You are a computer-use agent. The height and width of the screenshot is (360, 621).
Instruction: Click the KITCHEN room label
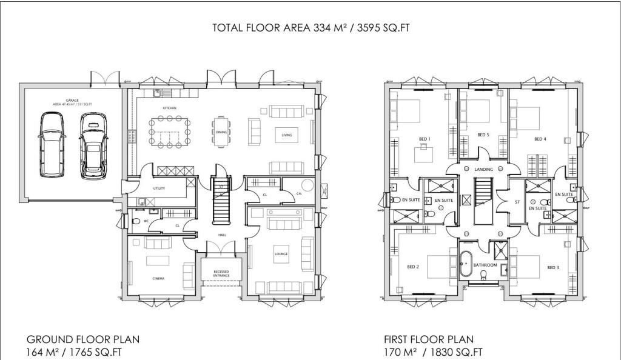pos(169,108)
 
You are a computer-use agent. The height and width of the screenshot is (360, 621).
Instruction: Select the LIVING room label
pos(287,135)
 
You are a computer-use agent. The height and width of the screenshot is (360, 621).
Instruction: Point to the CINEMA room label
pos(159,278)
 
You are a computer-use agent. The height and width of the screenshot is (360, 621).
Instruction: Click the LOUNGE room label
pos(281,253)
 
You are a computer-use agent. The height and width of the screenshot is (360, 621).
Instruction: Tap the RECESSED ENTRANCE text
pos(221,273)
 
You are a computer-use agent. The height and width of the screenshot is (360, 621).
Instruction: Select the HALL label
pos(222,234)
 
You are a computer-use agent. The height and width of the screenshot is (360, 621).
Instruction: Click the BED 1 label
pos(425,139)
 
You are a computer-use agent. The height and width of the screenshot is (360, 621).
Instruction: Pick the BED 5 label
pos(483,135)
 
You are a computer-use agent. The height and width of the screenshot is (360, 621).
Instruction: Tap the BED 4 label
pos(540,139)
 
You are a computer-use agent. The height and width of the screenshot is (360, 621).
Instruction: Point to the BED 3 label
pos(553,267)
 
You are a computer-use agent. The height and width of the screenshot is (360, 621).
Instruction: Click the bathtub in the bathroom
pos(466,264)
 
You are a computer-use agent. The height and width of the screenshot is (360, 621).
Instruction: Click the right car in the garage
pos(93,145)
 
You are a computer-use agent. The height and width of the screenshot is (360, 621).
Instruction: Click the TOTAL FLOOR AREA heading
pos(306,28)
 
